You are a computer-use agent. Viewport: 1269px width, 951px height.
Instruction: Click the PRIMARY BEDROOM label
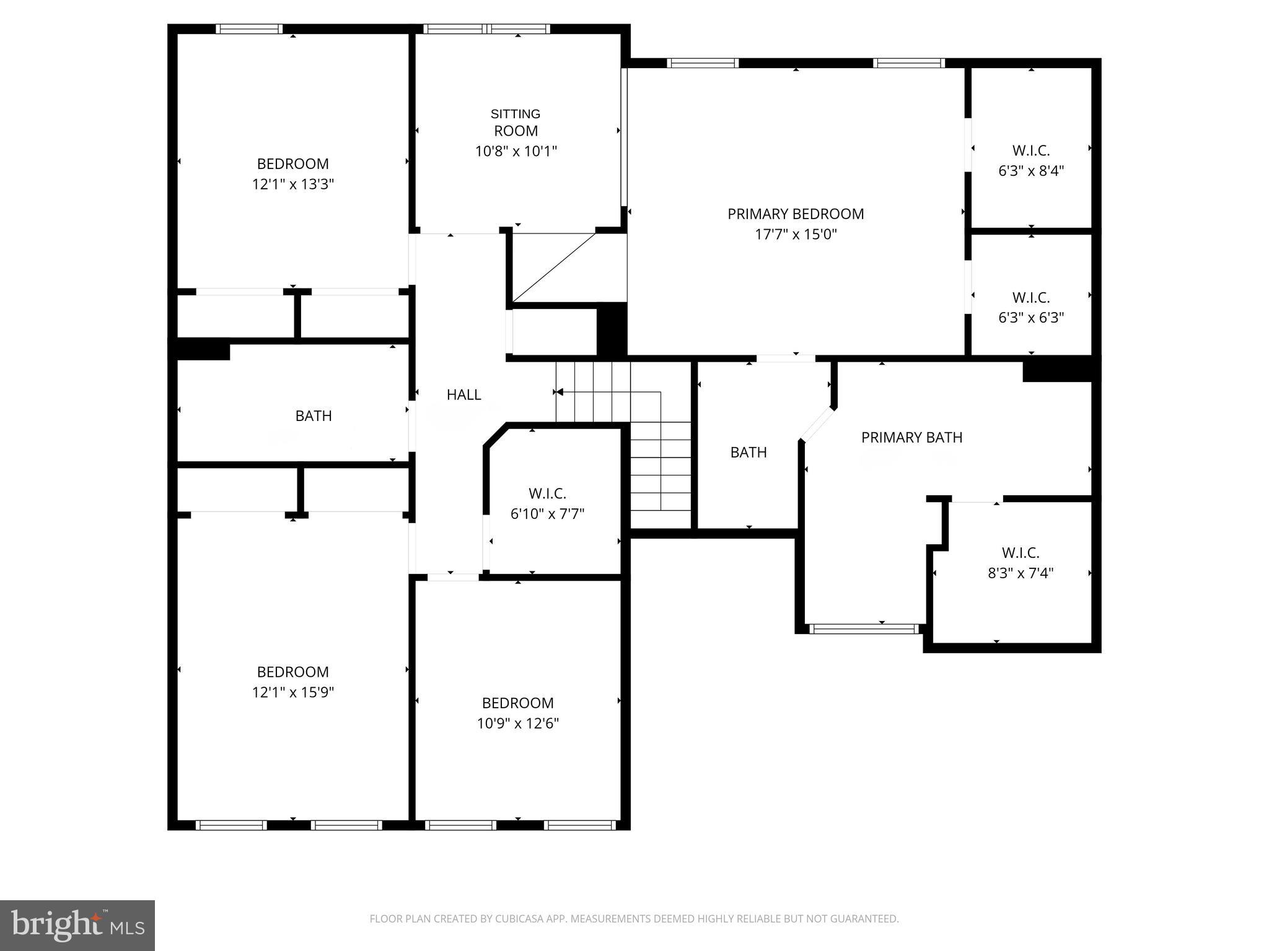pyautogui.click(x=795, y=214)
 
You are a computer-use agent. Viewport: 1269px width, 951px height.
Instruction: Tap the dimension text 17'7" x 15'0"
pyautogui.click(x=795, y=234)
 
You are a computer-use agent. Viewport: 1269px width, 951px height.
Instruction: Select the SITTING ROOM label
pyautogui.click(x=516, y=122)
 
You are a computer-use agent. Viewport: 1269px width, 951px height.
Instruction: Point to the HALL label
pyautogui.click(x=463, y=394)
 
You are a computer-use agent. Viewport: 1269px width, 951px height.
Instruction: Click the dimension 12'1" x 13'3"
pyautogui.click(x=292, y=184)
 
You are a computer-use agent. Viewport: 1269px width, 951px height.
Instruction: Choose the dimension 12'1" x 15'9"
pyautogui.click(x=292, y=692)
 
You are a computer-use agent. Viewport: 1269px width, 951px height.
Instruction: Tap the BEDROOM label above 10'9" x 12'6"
pyautogui.click(x=517, y=703)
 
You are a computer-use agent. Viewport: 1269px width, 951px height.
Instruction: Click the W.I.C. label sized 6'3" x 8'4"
pyautogui.click(x=1030, y=150)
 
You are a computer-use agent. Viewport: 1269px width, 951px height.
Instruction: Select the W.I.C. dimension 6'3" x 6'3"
pyautogui.click(x=1030, y=318)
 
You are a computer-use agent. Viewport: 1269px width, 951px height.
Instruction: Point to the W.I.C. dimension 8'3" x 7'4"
pyautogui.click(x=1020, y=573)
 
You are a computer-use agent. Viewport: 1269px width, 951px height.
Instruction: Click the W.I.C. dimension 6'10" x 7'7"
pyautogui.click(x=547, y=513)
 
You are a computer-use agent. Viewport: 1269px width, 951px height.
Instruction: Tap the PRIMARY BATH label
pyautogui.click(x=911, y=437)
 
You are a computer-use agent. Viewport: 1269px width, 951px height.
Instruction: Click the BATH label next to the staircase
pyautogui.click(x=748, y=452)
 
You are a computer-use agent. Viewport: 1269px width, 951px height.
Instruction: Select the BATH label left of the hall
pyautogui.click(x=313, y=415)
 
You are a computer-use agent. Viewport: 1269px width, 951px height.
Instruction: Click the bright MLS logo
pyautogui.click(x=77, y=925)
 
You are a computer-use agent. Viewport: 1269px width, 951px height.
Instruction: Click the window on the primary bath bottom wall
pyautogui.click(x=864, y=629)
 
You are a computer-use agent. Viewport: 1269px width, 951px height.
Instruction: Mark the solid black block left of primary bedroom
pyautogui.click(x=611, y=329)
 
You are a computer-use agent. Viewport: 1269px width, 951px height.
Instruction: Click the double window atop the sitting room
pyautogui.click(x=486, y=28)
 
